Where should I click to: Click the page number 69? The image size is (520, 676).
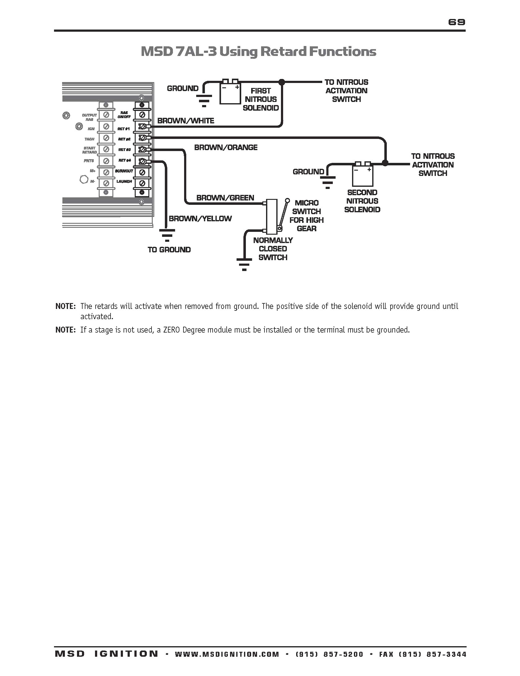pos(457,22)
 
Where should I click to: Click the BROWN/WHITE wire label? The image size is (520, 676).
pos(186,121)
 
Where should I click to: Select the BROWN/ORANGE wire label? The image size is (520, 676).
pos(226,147)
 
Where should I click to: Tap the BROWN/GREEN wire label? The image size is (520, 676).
pos(225,198)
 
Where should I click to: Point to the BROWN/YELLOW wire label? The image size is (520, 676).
pos(200,218)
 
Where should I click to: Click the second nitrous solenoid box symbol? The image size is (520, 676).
pos(362,176)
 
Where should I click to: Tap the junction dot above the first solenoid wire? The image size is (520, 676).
pos(282,82)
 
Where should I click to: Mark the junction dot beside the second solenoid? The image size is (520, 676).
pos(385,163)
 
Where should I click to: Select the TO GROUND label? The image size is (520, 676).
pos(169,250)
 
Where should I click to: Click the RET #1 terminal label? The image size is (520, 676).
pos(124,129)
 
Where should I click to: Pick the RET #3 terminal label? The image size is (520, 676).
pos(124,150)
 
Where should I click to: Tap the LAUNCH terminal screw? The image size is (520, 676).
pos(142,183)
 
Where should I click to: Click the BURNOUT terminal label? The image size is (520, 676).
pos(124,171)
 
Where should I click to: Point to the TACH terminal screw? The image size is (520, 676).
pos(106,138)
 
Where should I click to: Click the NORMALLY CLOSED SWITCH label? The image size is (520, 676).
pos(273,249)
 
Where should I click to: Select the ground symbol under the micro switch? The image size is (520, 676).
pos(244,264)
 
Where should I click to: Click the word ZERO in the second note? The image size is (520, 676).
pos(172,330)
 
